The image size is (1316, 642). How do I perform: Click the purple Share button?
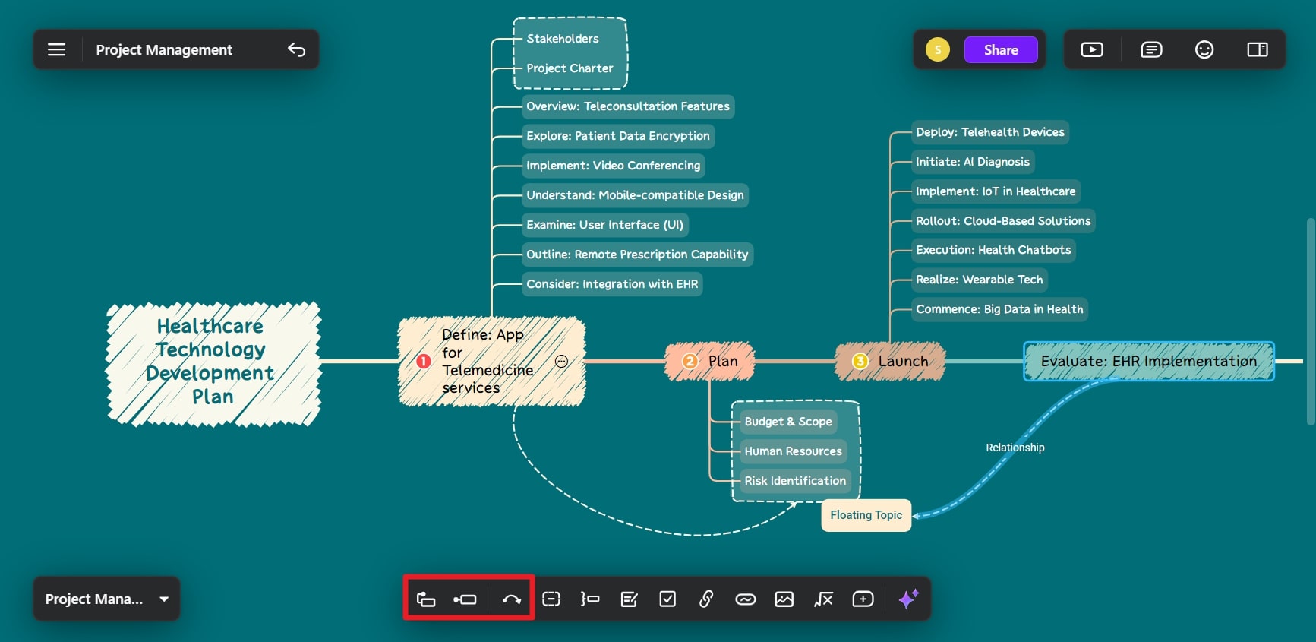(1001, 50)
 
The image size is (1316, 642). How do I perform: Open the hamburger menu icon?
(57, 50)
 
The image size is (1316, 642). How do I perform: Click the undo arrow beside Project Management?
(296, 50)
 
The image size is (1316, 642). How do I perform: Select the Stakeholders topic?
(563, 39)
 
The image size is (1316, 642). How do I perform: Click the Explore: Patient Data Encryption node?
(618, 136)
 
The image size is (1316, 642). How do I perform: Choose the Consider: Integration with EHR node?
(612, 284)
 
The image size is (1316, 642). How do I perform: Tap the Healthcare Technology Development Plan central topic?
(213, 362)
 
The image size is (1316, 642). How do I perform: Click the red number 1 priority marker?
(424, 362)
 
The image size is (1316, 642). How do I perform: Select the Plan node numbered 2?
(709, 362)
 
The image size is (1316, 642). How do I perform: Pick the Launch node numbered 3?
(890, 362)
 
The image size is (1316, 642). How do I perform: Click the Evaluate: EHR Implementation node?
(1149, 362)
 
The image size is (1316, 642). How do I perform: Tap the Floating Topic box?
(866, 515)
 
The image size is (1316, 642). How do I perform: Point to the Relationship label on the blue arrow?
(1015, 448)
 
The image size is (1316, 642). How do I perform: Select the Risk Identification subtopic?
(795, 481)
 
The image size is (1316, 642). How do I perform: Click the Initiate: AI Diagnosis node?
(973, 162)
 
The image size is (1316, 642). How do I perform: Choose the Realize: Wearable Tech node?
(980, 280)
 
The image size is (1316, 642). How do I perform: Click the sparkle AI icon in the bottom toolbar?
(908, 599)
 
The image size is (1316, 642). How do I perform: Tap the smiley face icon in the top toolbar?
(1204, 50)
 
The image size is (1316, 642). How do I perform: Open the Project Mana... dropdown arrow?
(164, 599)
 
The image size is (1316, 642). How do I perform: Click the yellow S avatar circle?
(938, 50)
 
